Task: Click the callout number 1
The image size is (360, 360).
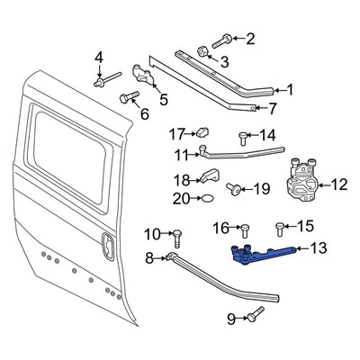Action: click(x=289, y=90)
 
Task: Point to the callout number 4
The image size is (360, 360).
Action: click(x=99, y=58)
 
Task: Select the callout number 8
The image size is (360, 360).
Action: click(x=149, y=259)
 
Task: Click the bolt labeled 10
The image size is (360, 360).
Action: click(x=175, y=236)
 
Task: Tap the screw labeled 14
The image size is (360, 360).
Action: click(x=242, y=137)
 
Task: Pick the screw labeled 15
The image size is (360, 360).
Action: click(x=282, y=226)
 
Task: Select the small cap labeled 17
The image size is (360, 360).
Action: click(x=202, y=134)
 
